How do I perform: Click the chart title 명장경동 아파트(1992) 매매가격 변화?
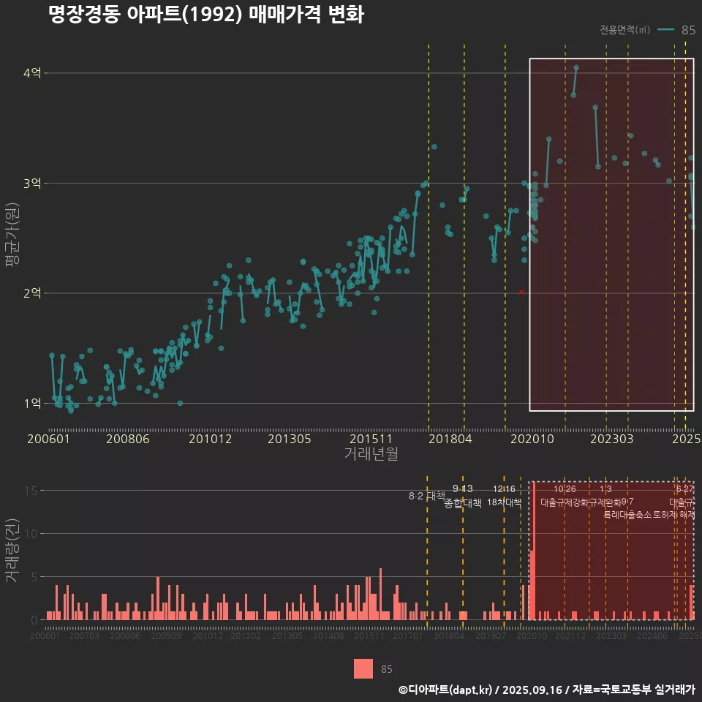(x=205, y=15)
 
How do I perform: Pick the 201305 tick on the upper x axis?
(x=290, y=439)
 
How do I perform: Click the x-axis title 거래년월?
(x=371, y=454)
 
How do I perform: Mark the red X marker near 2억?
(x=521, y=292)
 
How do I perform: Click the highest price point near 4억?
(x=576, y=68)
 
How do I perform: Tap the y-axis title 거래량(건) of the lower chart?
(x=12, y=551)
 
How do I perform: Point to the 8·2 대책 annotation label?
(x=426, y=496)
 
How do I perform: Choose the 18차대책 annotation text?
(x=504, y=502)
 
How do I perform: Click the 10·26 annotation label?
(x=565, y=488)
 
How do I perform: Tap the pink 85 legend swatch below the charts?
(x=363, y=668)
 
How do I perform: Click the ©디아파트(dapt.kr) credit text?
(x=445, y=690)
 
